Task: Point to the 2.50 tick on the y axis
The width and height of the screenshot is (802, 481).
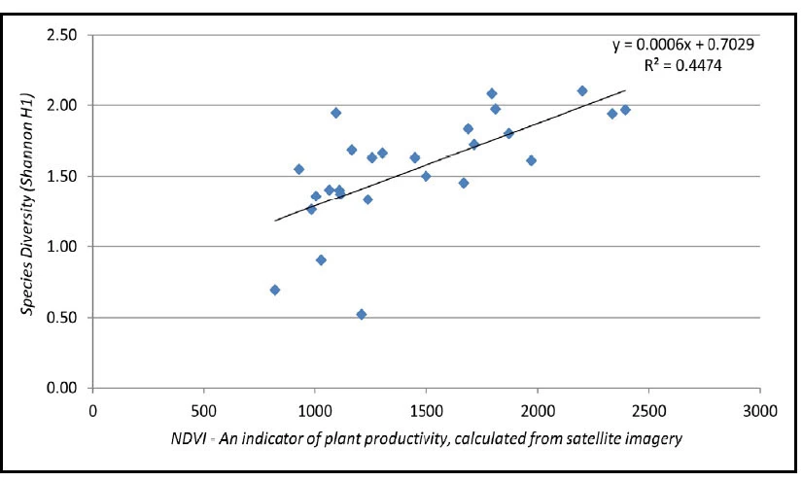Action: tap(64, 35)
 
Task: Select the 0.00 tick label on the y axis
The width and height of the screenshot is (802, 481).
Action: tap(64, 389)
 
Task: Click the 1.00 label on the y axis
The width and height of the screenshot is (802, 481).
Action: tap(64, 247)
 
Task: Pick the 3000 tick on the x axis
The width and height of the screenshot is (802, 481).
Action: tap(759, 409)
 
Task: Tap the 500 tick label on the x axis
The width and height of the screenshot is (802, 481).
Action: tap(203, 409)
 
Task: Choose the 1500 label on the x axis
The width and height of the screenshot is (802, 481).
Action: tap(426, 409)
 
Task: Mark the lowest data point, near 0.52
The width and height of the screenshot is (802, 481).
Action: tap(362, 315)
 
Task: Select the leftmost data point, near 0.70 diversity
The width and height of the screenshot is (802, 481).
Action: tap(275, 290)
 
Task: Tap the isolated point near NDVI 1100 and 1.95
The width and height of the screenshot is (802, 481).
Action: tap(336, 113)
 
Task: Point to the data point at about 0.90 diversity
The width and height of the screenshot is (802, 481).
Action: tap(321, 259)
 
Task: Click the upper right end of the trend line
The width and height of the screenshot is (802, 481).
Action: tap(625, 90)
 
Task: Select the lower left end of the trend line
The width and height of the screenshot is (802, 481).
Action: tap(275, 221)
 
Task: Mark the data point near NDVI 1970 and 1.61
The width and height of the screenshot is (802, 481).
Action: tap(531, 160)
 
